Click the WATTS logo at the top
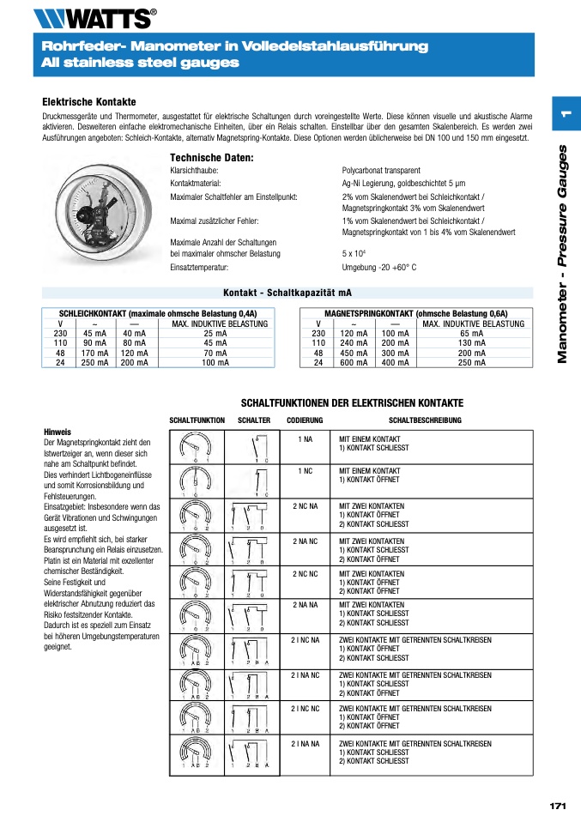[94, 17]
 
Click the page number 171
[557, 806]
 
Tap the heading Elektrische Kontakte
[89, 102]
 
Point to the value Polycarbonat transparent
[381, 171]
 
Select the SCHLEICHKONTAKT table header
[158, 314]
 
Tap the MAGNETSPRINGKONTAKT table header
[416, 314]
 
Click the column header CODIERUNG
[305, 420]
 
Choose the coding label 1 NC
[305, 471]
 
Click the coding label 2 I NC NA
[305, 640]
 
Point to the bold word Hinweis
[57, 432]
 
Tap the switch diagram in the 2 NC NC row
[253, 582]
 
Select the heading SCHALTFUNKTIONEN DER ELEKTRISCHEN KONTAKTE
[352, 403]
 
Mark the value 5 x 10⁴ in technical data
[354, 254]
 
